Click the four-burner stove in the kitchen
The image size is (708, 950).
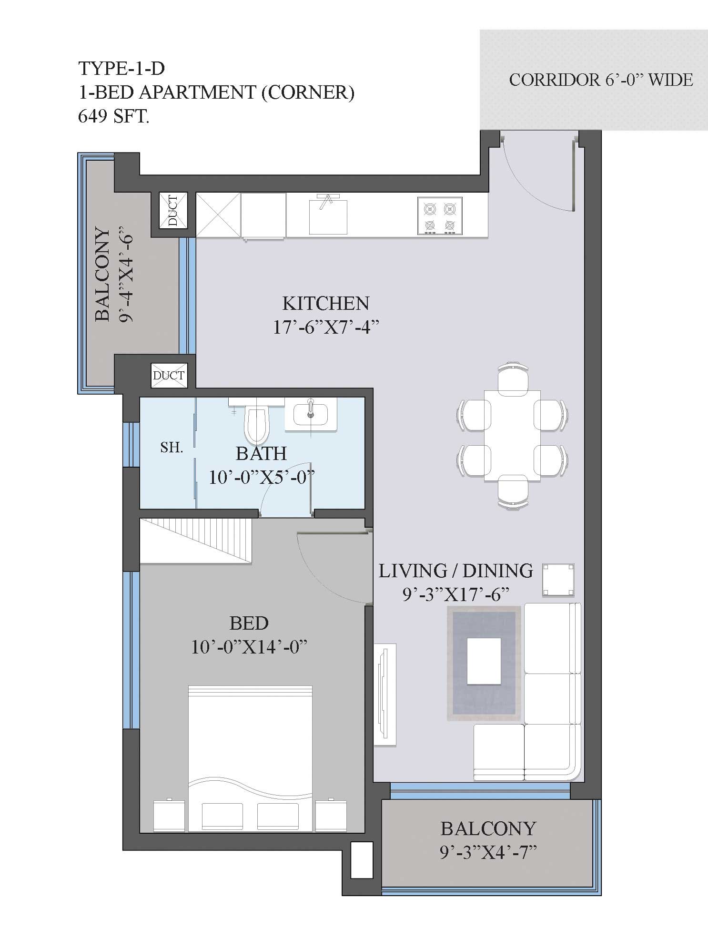(440, 216)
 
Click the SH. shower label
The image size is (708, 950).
(172, 447)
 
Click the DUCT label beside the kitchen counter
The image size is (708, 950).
(173, 210)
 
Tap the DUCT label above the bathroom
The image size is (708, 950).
(168, 375)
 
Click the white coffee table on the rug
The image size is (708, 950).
(484, 661)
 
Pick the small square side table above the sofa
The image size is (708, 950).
(558, 580)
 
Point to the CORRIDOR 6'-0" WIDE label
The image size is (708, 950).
(601, 80)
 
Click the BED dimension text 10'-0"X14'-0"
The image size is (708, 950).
(249, 647)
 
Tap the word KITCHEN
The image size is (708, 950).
(326, 303)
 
